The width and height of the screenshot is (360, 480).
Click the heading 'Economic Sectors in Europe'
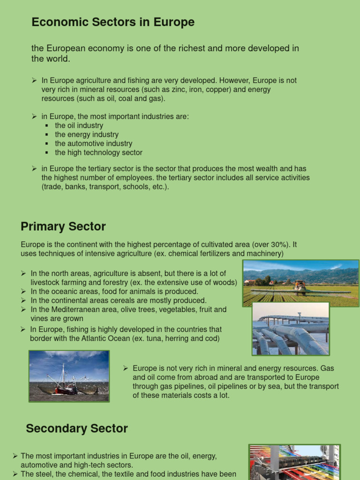click(x=112, y=22)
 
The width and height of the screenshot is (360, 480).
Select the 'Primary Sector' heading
click(x=63, y=227)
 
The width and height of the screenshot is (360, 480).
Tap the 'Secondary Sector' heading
click(x=77, y=428)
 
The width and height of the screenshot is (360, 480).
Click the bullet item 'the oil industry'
click(x=79, y=126)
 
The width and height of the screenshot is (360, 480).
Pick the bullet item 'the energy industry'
click(x=87, y=135)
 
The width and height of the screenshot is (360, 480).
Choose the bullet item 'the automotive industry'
click(x=93, y=143)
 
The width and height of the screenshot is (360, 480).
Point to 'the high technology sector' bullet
click(x=98, y=152)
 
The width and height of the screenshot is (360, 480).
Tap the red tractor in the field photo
click(x=300, y=285)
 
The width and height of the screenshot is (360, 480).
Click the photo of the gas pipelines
click(x=291, y=329)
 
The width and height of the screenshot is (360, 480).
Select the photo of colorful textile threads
click(x=294, y=462)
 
